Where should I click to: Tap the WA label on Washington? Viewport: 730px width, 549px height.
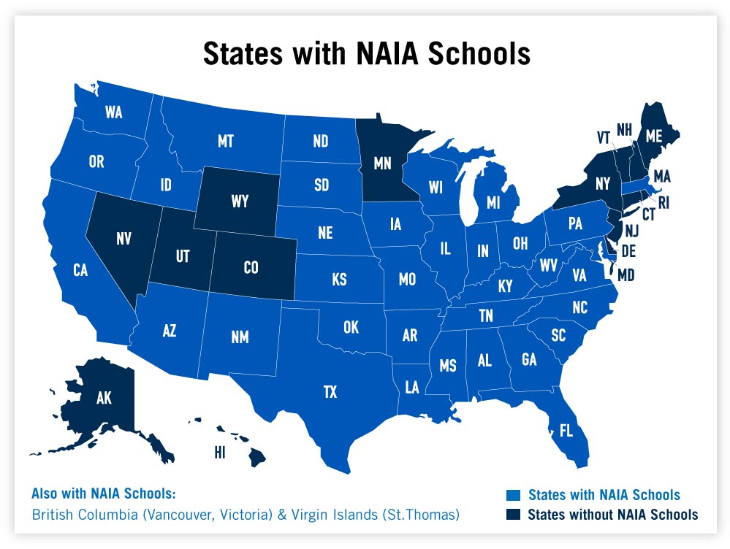point(113,112)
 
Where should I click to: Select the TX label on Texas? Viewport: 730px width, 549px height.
point(330,393)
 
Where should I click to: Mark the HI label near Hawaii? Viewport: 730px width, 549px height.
point(218,452)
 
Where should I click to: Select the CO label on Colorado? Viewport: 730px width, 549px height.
point(251,268)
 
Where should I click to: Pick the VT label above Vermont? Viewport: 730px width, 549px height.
point(603,138)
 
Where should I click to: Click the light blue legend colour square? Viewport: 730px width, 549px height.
point(514,495)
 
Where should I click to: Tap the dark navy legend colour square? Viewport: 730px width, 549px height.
point(514,514)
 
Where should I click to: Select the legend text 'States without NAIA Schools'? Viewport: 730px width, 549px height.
point(612,514)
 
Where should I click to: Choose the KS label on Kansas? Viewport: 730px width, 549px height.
point(339,280)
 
